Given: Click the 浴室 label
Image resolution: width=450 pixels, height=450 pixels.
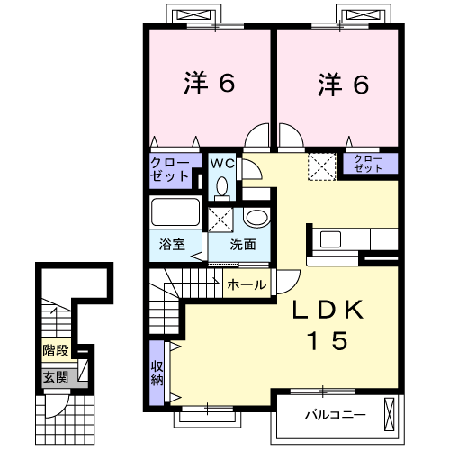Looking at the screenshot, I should pyautogui.click(x=172, y=244).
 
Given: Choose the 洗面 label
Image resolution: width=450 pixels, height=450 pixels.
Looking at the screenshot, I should pyautogui.click(x=242, y=244).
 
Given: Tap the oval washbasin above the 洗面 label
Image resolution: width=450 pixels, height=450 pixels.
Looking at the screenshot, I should pyautogui.click(x=256, y=218).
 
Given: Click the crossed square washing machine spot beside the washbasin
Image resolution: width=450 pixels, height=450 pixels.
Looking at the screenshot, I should pyautogui.click(x=220, y=218).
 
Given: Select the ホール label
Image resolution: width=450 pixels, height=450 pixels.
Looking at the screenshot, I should pyautogui.click(x=247, y=284).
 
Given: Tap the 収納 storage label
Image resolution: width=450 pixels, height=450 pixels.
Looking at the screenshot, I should pyautogui.click(x=157, y=372).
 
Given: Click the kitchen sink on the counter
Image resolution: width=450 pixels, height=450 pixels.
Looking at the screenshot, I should pyautogui.click(x=328, y=240).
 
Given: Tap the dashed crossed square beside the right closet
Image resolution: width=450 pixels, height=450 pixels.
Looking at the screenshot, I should pyautogui.click(x=319, y=166).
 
